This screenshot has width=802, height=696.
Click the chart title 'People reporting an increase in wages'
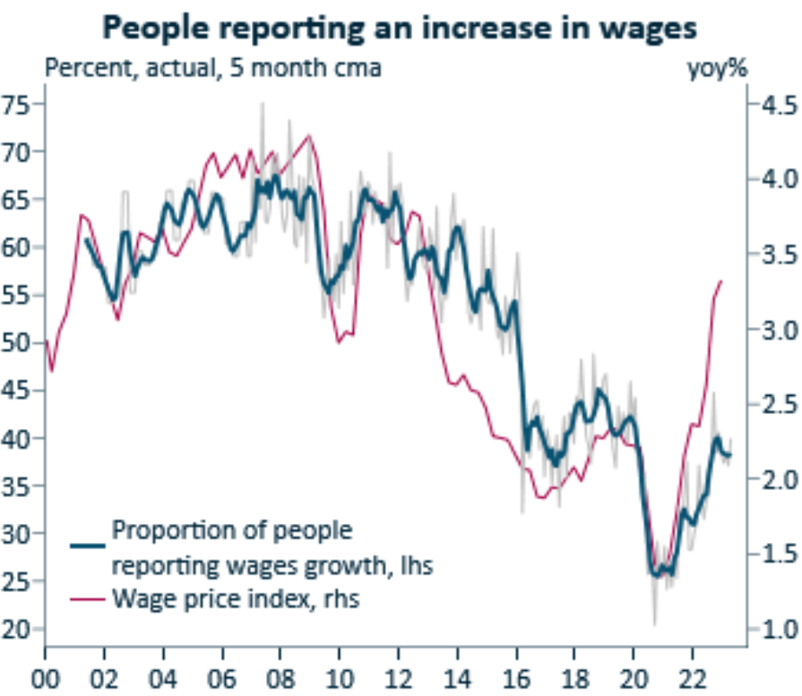click(400, 28)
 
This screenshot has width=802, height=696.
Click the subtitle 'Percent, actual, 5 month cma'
click(212, 69)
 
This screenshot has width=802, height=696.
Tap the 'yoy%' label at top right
click(716, 69)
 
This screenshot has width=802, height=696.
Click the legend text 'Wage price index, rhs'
click(236, 598)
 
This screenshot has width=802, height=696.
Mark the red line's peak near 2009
click(309, 136)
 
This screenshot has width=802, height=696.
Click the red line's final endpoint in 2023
click(721, 280)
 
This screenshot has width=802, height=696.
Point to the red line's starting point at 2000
click(47, 341)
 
